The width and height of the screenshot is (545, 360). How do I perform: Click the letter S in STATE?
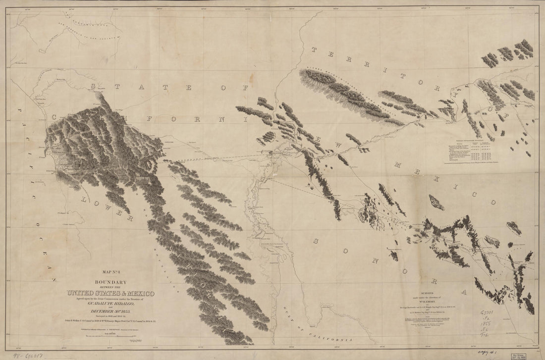click(x=93, y=86)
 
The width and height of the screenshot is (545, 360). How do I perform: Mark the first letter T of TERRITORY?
click(x=314, y=50)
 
